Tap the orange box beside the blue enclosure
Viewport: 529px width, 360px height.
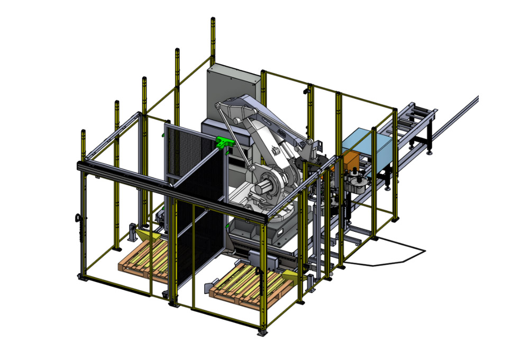351,161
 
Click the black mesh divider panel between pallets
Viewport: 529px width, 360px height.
198,212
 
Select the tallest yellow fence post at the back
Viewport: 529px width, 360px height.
213,42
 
